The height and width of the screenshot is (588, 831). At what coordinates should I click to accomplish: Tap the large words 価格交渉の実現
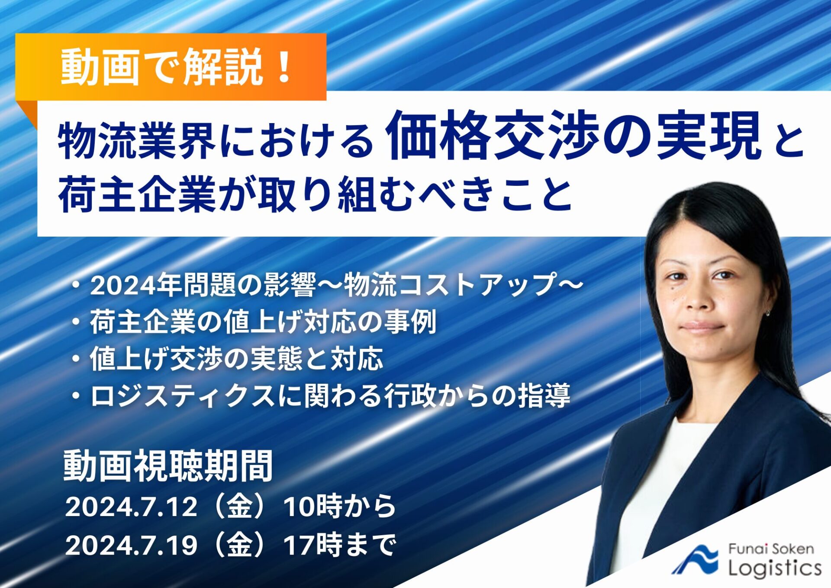(573, 136)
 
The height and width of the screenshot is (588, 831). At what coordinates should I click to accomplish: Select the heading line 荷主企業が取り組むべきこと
(315, 194)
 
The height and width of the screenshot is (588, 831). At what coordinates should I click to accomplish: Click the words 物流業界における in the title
(216, 140)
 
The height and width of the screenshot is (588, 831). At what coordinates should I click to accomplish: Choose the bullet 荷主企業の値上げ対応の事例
(263, 322)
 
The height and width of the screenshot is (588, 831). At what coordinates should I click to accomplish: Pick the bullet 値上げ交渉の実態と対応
(236, 359)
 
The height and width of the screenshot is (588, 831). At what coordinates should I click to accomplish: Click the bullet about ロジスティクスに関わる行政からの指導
(330, 396)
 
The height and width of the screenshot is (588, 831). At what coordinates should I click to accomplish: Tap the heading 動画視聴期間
(168, 466)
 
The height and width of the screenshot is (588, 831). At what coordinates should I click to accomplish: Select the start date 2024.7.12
(131, 506)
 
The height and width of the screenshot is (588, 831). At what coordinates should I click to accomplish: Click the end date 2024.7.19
(131, 545)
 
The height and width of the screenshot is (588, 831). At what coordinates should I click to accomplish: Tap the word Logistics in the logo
(775, 568)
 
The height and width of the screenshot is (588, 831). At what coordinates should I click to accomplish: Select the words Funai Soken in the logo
(771, 549)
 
